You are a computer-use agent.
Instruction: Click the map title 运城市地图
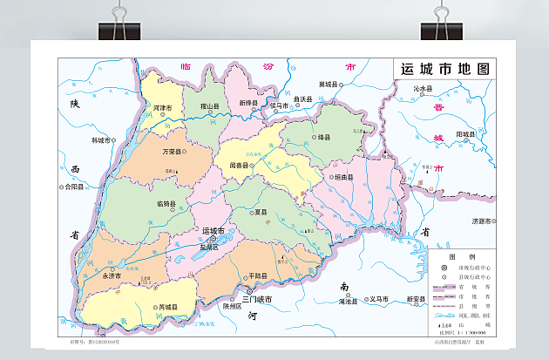[x=444, y=70]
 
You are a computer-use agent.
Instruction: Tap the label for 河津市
[x=162, y=108]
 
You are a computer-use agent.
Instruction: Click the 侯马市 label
[x=279, y=105]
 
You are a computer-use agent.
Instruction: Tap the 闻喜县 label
[x=239, y=165]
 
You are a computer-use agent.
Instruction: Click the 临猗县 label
[x=166, y=204]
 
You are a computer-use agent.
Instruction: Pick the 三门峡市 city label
[x=257, y=299]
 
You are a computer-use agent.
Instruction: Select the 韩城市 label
[x=102, y=139]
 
